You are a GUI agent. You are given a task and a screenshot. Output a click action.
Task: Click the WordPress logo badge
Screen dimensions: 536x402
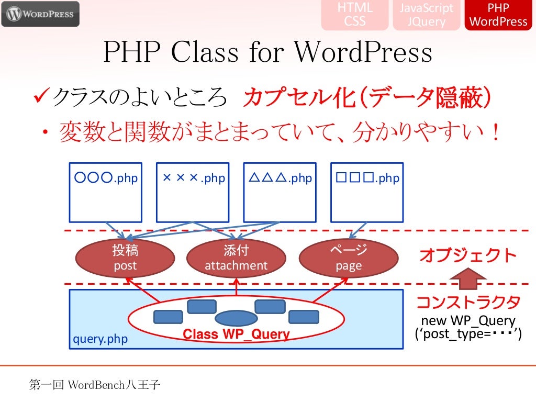click(x=40, y=14)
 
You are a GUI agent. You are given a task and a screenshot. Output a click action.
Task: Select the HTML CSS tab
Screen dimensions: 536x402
click(x=355, y=14)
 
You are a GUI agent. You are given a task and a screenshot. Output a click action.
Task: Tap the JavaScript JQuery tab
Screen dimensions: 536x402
click(x=426, y=14)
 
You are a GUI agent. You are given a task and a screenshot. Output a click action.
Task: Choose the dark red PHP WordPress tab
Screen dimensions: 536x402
click(x=498, y=14)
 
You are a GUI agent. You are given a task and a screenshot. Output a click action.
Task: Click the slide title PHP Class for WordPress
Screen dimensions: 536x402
click(x=267, y=52)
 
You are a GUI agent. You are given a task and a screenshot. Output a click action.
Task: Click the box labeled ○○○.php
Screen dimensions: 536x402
click(x=106, y=193)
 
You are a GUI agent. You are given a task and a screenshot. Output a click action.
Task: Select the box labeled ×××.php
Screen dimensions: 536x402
click(x=193, y=193)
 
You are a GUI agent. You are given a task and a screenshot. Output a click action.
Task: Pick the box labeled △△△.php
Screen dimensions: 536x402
click(x=280, y=193)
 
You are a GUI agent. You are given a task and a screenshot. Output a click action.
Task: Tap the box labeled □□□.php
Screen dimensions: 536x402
click(x=367, y=193)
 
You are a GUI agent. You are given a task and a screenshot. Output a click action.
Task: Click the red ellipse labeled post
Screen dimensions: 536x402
click(x=125, y=258)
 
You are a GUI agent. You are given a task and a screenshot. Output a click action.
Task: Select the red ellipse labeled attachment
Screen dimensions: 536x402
click(x=236, y=258)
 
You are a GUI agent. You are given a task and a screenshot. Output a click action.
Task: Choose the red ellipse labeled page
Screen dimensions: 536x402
click(x=349, y=258)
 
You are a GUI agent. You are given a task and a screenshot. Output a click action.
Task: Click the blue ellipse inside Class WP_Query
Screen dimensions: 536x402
click(x=236, y=318)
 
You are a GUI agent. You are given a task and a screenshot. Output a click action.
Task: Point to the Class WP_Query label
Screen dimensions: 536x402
click(x=236, y=334)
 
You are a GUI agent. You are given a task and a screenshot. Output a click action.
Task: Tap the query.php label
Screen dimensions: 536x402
click(x=100, y=339)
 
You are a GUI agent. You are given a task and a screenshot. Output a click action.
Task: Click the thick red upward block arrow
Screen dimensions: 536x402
click(x=468, y=278)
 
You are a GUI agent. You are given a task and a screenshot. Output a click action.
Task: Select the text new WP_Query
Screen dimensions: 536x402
click(x=468, y=321)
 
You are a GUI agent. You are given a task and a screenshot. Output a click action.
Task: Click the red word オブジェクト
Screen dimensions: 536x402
click(x=468, y=255)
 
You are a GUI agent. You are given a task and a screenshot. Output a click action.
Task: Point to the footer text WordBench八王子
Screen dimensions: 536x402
click(x=114, y=385)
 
